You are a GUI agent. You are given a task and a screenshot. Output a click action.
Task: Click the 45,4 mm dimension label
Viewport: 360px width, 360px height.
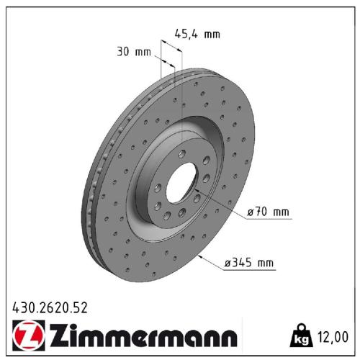coord(197,33)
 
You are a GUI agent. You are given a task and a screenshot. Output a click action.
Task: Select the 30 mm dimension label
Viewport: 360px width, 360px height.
coord(134,52)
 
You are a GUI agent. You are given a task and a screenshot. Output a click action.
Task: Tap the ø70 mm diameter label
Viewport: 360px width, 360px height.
coord(266,212)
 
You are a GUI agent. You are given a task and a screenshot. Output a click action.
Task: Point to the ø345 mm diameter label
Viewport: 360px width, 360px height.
coord(249,264)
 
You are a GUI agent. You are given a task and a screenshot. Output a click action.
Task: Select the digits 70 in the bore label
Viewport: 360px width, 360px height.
coord(261,212)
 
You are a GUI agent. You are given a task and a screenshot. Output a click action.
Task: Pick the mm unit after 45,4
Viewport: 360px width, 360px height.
coord(212,33)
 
